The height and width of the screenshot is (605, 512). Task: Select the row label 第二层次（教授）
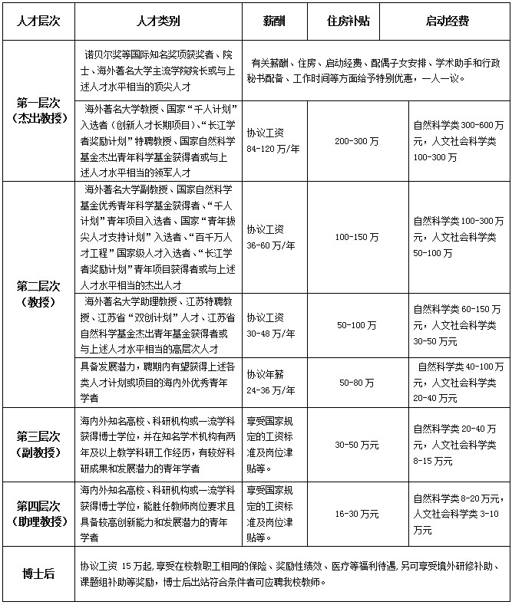[x=38, y=294]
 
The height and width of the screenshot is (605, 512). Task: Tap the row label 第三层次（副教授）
[x=38, y=445]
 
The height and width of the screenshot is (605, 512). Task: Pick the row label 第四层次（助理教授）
[x=38, y=514]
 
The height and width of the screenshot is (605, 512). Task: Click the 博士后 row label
[x=38, y=574]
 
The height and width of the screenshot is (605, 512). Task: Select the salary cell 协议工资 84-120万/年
[x=273, y=141]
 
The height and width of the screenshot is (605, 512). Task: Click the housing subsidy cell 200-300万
[x=357, y=141]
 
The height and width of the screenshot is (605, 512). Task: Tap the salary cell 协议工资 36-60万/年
[x=273, y=237]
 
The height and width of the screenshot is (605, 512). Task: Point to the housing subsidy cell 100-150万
[x=357, y=237]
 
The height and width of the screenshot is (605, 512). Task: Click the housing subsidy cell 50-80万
[x=357, y=381]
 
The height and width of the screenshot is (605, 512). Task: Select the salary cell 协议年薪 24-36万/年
[x=273, y=381]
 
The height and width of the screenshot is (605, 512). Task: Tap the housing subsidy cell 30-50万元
[x=357, y=445]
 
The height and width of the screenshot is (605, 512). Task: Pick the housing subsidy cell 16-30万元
[x=357, y=514]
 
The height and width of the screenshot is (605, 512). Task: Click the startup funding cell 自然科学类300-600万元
[x=458, y=141]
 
